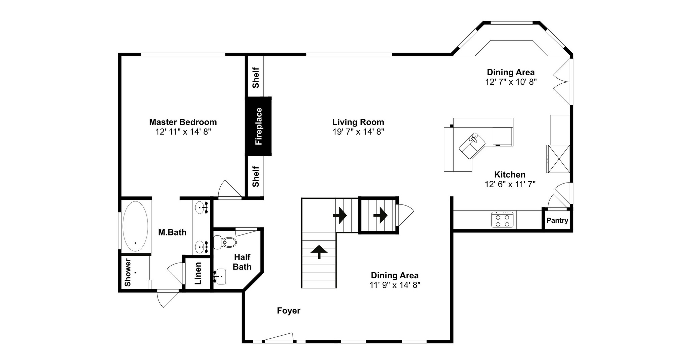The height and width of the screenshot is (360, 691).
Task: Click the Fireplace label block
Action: coord(258,126)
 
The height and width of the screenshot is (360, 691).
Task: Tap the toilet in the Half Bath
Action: coord(225,242)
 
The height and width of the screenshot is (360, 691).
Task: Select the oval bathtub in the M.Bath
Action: coord(135,226)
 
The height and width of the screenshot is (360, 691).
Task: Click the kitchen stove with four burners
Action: coord(502,220)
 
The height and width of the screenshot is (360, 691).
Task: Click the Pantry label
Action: coord(557,220)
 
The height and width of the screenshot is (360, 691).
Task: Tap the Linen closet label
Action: coord(198,273)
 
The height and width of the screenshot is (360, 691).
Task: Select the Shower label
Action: coord(128,272)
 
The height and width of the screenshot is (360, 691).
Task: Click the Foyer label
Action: coord(288,311)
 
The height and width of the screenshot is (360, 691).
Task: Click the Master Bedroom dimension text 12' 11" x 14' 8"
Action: coord(183,132)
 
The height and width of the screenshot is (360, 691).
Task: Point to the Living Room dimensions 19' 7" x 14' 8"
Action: coord(358,132)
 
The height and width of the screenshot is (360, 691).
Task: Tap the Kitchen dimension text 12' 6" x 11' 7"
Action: coord(510,184)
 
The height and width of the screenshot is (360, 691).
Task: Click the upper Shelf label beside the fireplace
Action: coord(256,78)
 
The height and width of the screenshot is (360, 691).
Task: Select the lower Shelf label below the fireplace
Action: coord(256,176)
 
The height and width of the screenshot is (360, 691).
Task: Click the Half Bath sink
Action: coord(221,277)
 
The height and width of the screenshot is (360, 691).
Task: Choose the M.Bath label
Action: coord(172,232)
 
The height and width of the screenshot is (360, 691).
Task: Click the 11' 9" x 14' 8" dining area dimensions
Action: coord(395,285)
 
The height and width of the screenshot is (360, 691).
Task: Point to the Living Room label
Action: coord(358,122)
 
